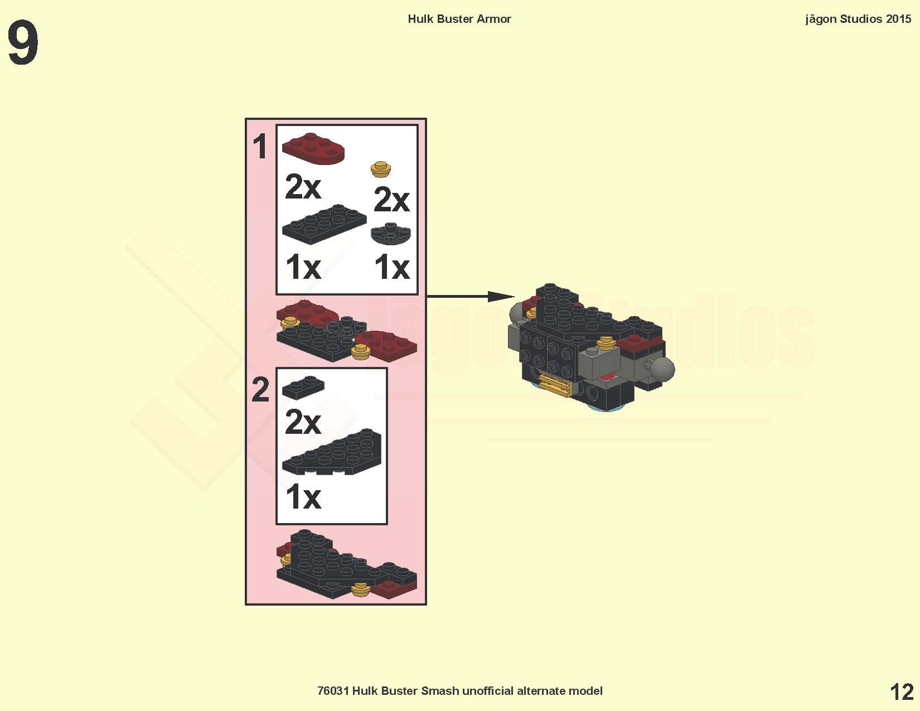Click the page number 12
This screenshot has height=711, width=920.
point(901,692)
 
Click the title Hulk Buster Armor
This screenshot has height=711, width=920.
point(459,19)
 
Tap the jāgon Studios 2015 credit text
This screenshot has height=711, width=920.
point(858,19)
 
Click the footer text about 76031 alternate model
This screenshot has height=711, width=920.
point(459,691)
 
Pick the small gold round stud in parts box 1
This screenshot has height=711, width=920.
point(380,168)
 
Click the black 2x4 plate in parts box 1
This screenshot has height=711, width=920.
point(324,224)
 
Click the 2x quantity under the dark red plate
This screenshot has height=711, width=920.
point(303,186)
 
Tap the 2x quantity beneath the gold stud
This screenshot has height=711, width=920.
point(391,199)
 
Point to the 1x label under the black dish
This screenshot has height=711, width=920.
point(391,267)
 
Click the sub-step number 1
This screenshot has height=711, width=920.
point(260,147)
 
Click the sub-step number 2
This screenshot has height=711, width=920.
point(260,389)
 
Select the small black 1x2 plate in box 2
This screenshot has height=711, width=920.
point(303,387)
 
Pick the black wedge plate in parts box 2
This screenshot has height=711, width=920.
point(333,452)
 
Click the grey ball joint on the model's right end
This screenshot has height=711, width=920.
point(662,369)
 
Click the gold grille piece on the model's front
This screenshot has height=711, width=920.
point(555,385)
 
